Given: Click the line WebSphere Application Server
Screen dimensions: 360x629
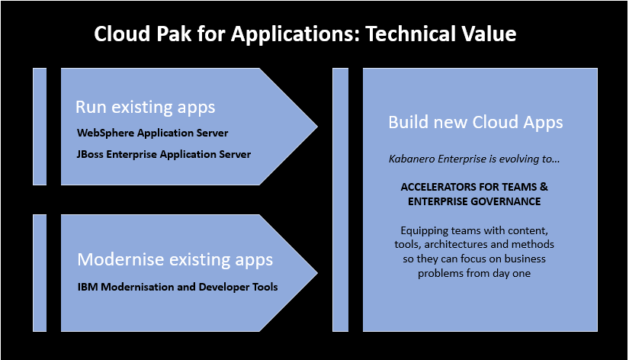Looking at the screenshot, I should [x=152, y=133].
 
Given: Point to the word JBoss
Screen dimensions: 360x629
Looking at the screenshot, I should [x=91, y=154].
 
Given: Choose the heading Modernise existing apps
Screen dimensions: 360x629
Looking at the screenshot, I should [x=175, y=260].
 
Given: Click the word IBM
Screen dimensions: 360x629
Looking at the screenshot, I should [x=88, y=287].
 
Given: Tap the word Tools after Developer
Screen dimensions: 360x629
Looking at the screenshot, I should [x=262, y=287].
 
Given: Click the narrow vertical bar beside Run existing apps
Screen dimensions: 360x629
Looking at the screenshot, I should [x=40, y=126].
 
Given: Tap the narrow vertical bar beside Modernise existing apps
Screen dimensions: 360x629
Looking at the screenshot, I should [x=40, y=273].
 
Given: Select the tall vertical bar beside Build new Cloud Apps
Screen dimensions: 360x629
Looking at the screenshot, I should [x=341, y=200].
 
